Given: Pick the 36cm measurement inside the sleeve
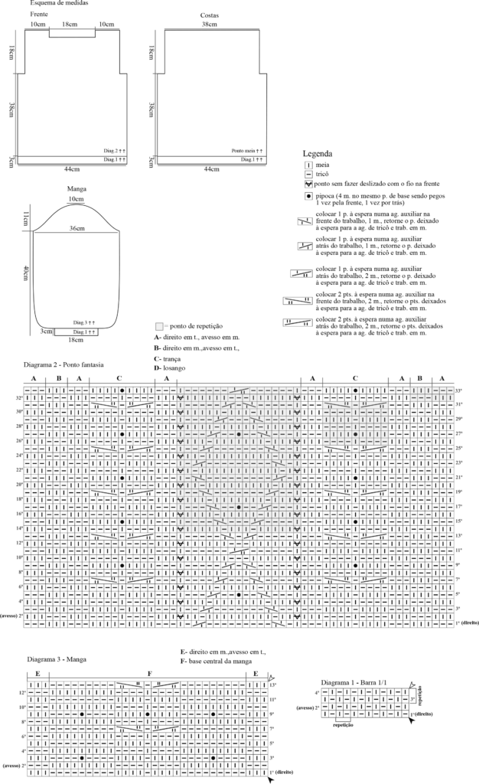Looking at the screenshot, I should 77,228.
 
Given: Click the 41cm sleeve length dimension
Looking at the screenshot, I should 27,274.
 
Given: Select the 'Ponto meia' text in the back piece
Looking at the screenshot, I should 246,151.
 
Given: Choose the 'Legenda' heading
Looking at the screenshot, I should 318,154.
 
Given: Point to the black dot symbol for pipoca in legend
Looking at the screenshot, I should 308,197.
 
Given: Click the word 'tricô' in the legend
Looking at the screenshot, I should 322,175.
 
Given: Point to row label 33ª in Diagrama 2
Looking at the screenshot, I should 459,390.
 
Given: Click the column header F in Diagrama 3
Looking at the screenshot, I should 149,673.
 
